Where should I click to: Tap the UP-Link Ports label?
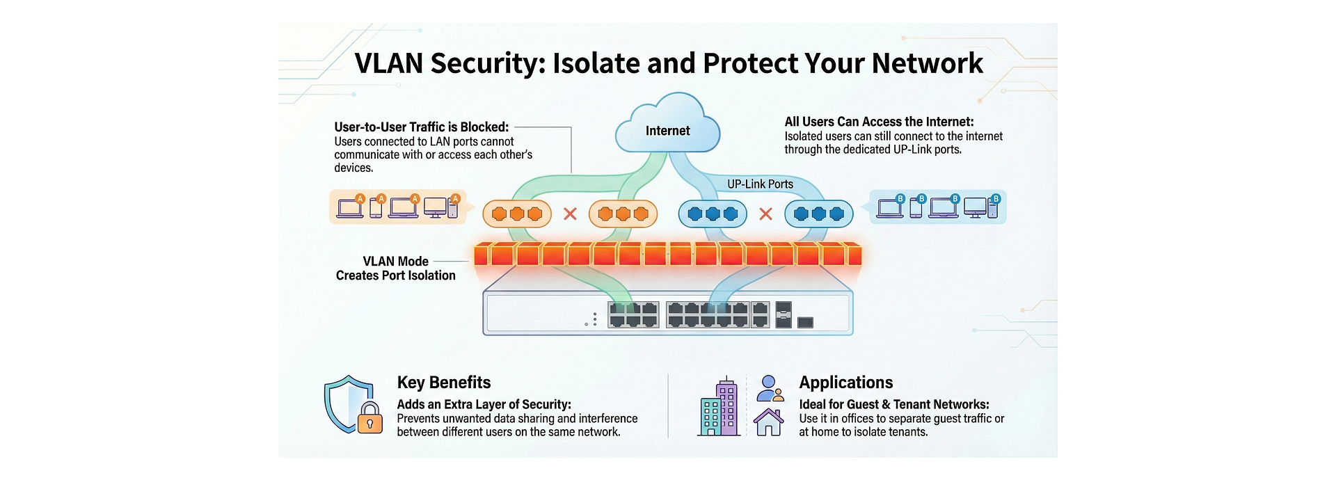pyautogui.click(x=760, y=184)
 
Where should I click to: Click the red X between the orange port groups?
pyautogui.click(x=570, y=214)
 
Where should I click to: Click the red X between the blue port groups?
pyautogui.click(x=765, y=214)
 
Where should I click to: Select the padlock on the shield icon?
pyautogui.click(x=369, y=419)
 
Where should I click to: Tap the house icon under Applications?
pyautogui.click(x=769, y=422)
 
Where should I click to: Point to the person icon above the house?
pyautogui.click(x=769, y=387)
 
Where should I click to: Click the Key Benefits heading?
pyautogui.click(x=443, y=383)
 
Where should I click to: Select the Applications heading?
pyautogui.click(x=845, y=383)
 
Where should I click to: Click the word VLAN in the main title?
pyautogui.click(x=389, y=63)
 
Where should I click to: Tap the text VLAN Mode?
pyautogui.click(x=395, y=262)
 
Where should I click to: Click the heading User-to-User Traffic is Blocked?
pyautogui.click(x=421, y=127)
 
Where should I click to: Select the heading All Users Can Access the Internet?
pyautogui.click(x=879, y=122)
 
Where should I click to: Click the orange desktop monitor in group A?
pyautogui.click(x=436, y=207)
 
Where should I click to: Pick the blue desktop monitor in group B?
pyautogui.click(x=975, y=207)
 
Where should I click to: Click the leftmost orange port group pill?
pyautogui.click(x=516, y=214)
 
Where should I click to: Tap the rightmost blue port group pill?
pyautogui.click(x=818, y=214)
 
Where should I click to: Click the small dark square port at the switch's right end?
pyautogui.click(x=805, y=322)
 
